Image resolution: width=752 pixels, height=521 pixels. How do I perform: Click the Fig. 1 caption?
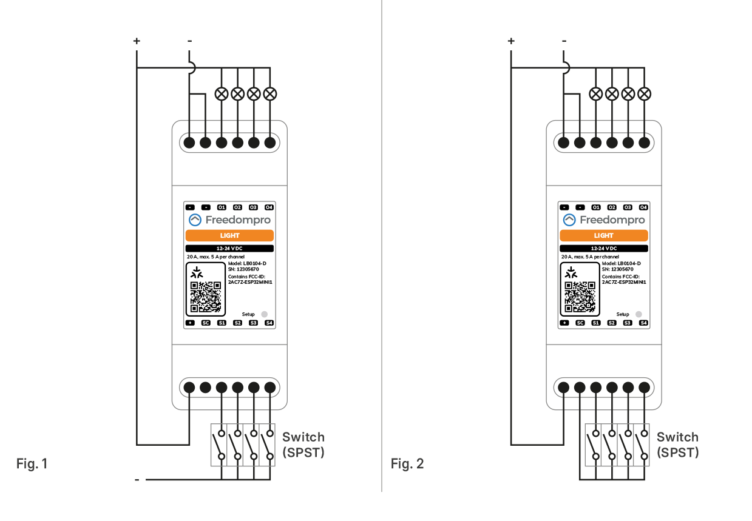coord(32,465)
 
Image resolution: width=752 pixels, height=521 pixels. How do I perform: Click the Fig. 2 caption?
coord(407,465)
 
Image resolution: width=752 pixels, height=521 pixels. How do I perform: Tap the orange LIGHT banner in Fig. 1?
coord(229,235)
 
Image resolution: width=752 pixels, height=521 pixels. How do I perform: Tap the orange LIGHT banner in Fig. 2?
coord(604,235)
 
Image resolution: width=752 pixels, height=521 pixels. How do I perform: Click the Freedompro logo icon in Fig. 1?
coord(195,220)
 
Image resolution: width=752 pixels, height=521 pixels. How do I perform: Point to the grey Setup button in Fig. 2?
coord(639,314)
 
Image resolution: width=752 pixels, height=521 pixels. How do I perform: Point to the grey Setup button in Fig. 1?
coord(264,314)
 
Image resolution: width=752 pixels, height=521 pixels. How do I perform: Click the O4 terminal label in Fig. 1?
coord(269,207)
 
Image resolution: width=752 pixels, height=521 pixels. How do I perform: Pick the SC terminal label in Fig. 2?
coord(580,323)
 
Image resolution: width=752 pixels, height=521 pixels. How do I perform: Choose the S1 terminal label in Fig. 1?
coord(222,323)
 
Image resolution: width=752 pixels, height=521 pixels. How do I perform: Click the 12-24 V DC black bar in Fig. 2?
coord(604,249)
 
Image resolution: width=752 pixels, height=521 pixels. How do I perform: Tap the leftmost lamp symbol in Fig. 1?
coord(222,94)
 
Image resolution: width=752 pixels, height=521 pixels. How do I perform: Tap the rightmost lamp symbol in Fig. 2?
coord(645,94)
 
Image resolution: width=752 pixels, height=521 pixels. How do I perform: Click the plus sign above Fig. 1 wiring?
coord(137,41)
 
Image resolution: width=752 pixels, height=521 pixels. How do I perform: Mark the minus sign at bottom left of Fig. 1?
coord(137,480)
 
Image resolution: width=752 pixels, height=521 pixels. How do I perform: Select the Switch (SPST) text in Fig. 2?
coord(677,445)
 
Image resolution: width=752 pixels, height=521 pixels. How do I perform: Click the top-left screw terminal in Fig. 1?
coord(189,143)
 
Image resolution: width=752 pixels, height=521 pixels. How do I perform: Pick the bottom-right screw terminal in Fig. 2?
coord(645,387)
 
